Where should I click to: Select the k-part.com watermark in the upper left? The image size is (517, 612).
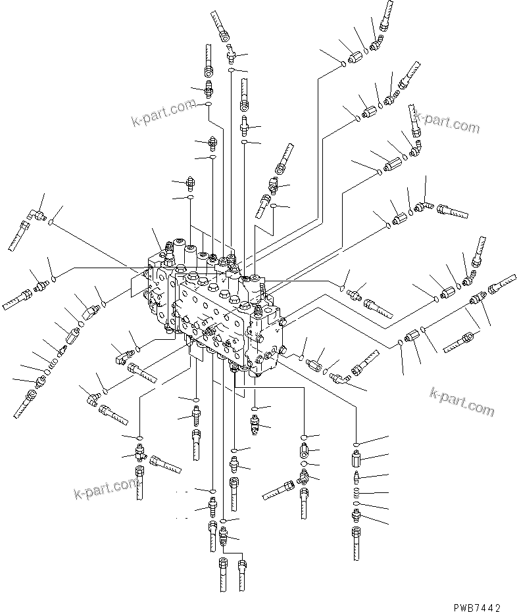[161, 112]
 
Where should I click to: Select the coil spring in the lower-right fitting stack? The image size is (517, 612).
[356, 492]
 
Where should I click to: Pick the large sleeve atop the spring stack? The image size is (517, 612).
[356, 459]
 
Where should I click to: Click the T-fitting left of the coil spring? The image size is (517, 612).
[304, 481]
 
